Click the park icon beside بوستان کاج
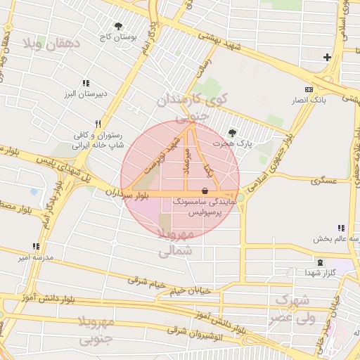click(117, 26)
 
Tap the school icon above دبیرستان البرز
click(86, 82)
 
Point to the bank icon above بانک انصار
click(309, 89)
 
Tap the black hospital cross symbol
click(327, 57)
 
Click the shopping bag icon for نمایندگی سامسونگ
click(205, 191)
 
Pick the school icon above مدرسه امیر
click(36, 246)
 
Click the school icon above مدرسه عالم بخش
click(341, 228)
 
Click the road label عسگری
click(325, 180)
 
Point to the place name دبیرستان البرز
click(82, 94)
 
